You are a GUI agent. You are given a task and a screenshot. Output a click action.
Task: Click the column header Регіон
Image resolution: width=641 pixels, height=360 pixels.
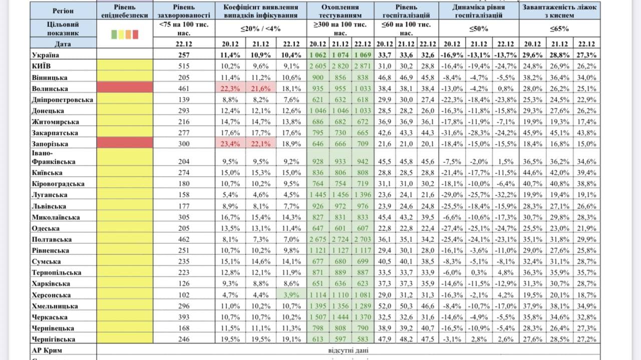coord(63,11)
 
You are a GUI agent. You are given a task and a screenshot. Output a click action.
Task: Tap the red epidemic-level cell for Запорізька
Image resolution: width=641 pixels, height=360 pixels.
coord(124,143)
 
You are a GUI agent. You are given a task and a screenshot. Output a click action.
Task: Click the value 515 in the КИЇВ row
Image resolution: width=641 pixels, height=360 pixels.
coord(184,66)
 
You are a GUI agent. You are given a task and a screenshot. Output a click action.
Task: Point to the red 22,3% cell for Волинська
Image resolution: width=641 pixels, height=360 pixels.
coord(230,88)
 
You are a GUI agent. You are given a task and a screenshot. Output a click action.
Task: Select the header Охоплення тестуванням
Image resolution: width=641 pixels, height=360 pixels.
coord(340,11)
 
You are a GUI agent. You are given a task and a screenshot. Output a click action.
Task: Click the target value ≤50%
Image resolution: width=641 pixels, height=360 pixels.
coord(479,29)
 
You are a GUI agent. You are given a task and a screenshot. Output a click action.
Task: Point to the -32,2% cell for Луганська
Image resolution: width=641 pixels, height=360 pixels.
coord(505,195)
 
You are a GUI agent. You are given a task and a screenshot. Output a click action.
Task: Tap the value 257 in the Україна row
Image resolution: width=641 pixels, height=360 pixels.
coord(184,55)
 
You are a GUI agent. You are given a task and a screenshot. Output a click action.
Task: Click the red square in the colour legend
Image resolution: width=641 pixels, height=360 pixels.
coord(135,35)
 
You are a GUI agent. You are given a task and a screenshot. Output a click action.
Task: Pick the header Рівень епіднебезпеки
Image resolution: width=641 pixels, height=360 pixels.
coord(124,11)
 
